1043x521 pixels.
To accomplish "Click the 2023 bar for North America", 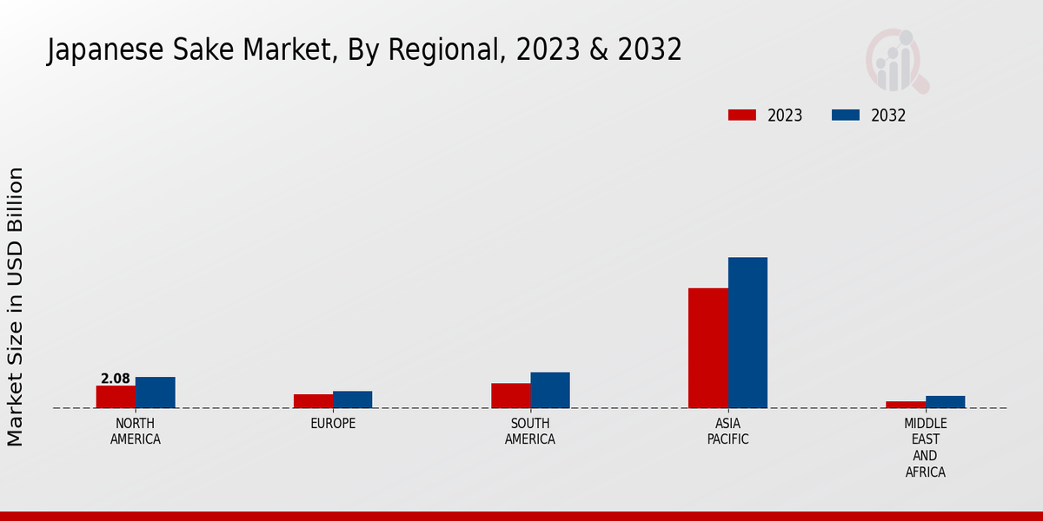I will pyautogui.click(x=116, y=397).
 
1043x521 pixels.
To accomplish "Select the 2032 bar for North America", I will pyautogui.click(x=155, y=392).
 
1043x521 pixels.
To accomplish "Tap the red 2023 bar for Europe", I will pyautogui.click(x=313, y=401).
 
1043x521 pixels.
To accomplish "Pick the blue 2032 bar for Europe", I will pyautogui.click(x=352, y=399).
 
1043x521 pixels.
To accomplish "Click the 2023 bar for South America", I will pyautogui.click(x=510, y=395).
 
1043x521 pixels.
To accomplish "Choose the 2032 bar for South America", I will pyautogui.click(x=550, y=390).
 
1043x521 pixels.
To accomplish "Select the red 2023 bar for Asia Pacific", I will pyautogui.click(x=708, y=347).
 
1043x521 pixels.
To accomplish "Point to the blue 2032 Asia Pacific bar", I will pyautogui.click(x=747, y=333).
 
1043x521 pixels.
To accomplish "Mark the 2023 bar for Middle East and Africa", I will pyautogui.click(x=906, y=405).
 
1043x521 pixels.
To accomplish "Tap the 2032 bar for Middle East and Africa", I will pyautogui.click(x=945, y=402).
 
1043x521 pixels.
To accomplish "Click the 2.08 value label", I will pyautogui.click(x=116, y=379).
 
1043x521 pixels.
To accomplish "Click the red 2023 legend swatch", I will pyautogui.click(x=741, y=115).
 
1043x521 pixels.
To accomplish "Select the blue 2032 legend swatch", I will pyautogui.click(x=845, y=115).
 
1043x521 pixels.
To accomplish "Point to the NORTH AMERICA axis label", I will pyautogui.click(x=136, y=432).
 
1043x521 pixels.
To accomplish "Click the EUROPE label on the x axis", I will pyautogui.click(x=333, y=424).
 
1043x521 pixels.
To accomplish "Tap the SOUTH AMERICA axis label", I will pyautogui.click(x=530, y=432).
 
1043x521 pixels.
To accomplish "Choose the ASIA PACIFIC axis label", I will pyautogui.click(x=728, y=432).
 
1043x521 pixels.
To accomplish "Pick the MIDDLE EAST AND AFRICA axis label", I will pyautogui.click(x=926, y=448).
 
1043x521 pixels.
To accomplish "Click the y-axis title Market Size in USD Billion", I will pyautogui.click(x=16, y=307).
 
